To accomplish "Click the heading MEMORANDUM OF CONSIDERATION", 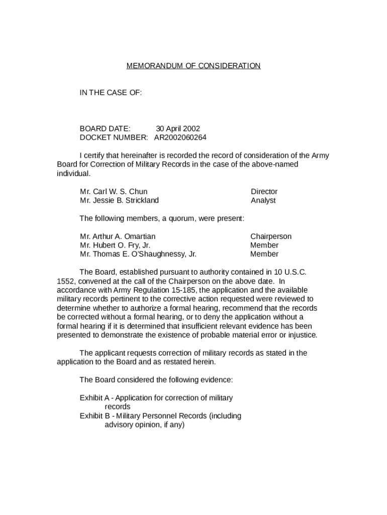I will pos(193,66).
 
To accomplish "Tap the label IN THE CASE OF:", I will pos(111,93).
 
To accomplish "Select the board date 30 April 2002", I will pos(177,129).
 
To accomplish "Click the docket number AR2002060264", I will pos(180,137).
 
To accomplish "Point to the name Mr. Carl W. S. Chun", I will pos(114,192).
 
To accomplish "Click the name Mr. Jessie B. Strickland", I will pos(119,200).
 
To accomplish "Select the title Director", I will pos(264,192).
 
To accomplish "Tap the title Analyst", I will pos(263,200).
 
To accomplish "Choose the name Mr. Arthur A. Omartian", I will pos(118,236).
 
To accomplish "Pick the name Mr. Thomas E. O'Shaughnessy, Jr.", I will pos(138,254).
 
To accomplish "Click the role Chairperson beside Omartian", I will pos(270,236).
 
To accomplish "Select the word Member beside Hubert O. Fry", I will pos(264,245).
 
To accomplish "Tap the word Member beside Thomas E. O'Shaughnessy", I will pos(264,254).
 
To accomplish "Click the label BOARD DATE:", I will pos(105,129).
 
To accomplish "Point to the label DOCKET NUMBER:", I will pos(114,137).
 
